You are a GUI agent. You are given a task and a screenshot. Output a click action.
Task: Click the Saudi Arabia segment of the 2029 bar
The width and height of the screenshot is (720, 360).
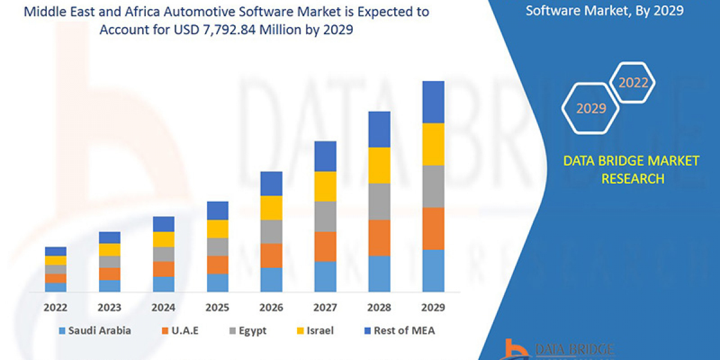pyautogui.click(x=433, y=271)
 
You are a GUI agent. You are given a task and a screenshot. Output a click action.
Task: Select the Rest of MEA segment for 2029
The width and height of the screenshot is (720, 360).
pyautogui.click(x=433, y=102)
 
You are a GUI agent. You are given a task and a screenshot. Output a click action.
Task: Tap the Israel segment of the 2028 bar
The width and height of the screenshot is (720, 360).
pyautogui.click(x=379, y=165)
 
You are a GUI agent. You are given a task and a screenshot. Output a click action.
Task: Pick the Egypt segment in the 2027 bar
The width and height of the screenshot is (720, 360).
pyautogui.click(x=325, y=216)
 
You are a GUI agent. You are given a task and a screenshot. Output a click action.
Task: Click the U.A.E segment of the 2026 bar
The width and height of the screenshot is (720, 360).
pyautogui.click(x=271, y=256)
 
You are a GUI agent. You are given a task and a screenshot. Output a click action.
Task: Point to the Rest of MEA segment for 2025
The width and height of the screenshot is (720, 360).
pyautogui.click(x=217, y=210)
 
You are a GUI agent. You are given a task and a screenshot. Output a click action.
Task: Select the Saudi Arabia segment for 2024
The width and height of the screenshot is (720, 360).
pyautogui.click(x=163, y=284)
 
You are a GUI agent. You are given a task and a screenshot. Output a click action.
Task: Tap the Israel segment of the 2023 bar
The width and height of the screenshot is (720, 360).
pyautogui.click(x=109, y=250)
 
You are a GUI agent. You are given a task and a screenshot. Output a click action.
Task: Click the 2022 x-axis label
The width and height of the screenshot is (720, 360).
pyautogui.click(x=55, y=307)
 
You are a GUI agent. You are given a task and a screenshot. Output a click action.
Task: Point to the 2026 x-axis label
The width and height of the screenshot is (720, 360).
pyautogui.click(x=271, y=307)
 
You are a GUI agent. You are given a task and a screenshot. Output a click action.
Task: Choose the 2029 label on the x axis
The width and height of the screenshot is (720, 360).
pyautogui.click(x=433, y=307)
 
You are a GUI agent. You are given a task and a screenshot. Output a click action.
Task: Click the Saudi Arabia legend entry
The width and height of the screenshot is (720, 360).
pyautogui.click(x=95, y=330)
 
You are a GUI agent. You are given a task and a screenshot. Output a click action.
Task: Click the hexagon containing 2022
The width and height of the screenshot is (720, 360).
pyautogui.click(x=633, y=83)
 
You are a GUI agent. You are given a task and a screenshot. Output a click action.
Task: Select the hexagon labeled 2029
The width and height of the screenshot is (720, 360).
pyautogui.click(x=591, y=108)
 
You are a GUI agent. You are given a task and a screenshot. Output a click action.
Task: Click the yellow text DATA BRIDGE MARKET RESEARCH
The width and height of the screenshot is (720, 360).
pyautogui.click(x=631, y=169)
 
